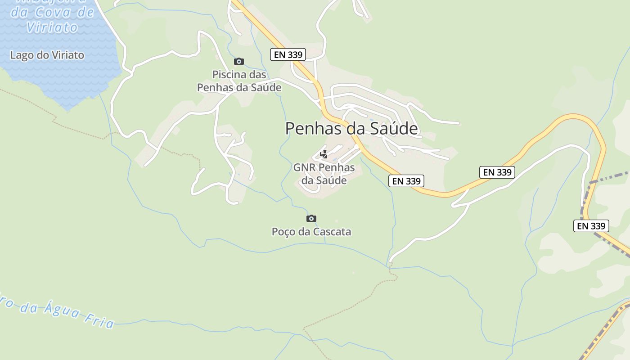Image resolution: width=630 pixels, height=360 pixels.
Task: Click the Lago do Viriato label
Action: click(x=47, y=55)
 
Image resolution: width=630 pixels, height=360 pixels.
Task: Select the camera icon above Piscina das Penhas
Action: click(x=239, y=61)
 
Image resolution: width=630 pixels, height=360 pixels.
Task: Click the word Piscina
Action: click(x=228, y=75)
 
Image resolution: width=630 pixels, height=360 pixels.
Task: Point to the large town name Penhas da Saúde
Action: click(x=351, y=129)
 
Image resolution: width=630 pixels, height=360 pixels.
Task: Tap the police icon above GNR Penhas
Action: click(x=324, y=154)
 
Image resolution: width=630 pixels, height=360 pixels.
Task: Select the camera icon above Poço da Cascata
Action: click(x=311, y=219)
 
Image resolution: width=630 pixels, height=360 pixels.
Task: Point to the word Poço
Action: click(x=283, y=232)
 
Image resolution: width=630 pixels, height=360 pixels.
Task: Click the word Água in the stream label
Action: click(x=62, y=310)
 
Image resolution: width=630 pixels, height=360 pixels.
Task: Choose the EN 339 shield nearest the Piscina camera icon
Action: click(x=288, y=55)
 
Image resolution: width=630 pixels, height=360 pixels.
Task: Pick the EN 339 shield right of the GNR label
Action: click(x=406, y=181)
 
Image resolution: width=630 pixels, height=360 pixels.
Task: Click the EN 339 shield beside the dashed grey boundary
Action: click(x=591, y=226)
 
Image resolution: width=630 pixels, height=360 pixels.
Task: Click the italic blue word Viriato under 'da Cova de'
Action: click(x=52, y=27)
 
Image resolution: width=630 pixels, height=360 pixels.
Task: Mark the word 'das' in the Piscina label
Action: click(x=258, y=75)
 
